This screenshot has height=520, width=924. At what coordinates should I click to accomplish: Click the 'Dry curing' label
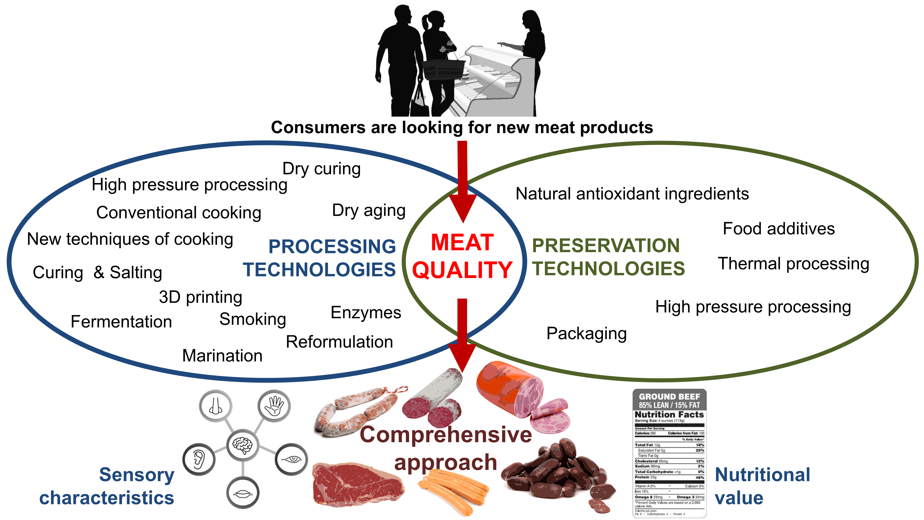point(321,169)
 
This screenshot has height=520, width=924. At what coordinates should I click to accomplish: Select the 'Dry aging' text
point(369,210)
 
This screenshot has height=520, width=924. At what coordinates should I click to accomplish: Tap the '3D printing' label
point(201,297)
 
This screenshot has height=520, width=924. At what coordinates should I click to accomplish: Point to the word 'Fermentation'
point(121,321)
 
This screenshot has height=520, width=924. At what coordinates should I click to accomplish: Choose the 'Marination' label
point(222,356)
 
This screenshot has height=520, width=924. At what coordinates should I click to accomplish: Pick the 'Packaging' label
point(587,333)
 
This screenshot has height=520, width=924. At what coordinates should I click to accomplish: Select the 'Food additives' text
point(779,229)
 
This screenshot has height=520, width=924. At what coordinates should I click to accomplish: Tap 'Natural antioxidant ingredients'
point(632,194)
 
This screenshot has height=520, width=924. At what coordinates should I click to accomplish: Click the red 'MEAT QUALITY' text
point(462,256)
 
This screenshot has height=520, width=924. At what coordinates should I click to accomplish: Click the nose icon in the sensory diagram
point(216,406)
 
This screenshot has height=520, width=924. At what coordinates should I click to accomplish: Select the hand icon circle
point(274,406)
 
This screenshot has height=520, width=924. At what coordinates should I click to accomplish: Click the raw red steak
point(357,484)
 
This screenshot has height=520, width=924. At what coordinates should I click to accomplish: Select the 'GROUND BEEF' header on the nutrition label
point(669,397)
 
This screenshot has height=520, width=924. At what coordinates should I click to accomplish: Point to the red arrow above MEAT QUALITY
point(463,179)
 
